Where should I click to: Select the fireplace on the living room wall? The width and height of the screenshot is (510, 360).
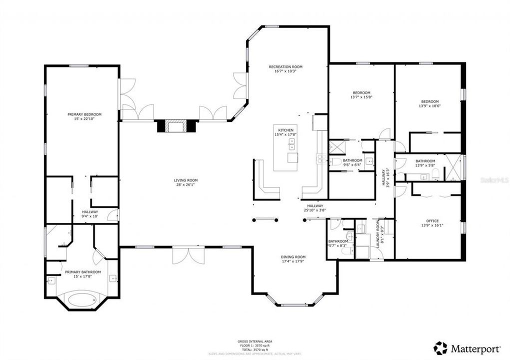(x=174, y=126)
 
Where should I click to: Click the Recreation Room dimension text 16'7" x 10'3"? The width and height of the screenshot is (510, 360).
(x=285, y=71)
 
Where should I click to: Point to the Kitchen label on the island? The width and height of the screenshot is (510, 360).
(x=285, y=129)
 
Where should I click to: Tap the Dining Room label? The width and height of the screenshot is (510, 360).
(x=293, y=257)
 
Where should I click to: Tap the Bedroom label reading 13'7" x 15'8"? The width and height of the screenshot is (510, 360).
(x=361, y=92)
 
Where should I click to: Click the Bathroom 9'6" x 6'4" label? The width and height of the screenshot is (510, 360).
(x=352, y=160)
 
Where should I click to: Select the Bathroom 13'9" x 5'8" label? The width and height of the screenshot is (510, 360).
(x=425, y=161)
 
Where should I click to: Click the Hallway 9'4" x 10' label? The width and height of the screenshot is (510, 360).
(x=90, y=212)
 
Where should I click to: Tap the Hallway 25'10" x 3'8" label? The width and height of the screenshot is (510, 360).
(x=315, y=205)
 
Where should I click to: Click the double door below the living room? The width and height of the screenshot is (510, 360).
(x=188, y=255)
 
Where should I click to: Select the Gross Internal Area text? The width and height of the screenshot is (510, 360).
(x=255, y=341)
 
